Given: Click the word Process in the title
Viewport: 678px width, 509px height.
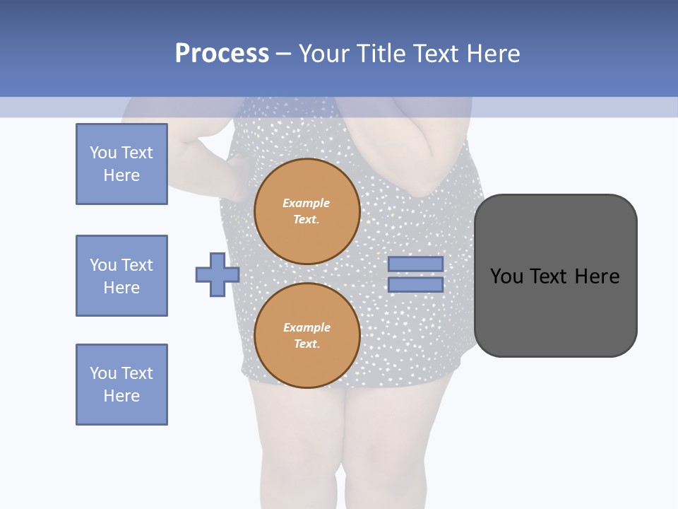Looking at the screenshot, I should click(222, 54).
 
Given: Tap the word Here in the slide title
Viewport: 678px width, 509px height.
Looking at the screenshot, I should click(494, 54).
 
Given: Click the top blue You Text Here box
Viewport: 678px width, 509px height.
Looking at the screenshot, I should click(121, 164).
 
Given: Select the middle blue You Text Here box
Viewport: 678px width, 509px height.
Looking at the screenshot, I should click(121, 276).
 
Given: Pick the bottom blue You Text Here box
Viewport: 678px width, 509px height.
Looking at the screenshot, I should click(121, 385).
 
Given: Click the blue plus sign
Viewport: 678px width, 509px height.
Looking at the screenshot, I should click(218, 274).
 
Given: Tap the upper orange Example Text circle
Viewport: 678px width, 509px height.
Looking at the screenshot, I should click(307, 211).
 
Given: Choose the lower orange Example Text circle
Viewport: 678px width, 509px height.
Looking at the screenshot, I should click(307, 336).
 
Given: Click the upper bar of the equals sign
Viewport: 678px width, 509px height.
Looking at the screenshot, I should click(416, 264).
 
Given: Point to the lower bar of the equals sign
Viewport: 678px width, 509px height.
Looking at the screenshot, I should click(416, 285).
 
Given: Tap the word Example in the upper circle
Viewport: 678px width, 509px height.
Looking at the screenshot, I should click(307, 203).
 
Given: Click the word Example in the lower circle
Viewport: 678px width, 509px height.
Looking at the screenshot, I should click(307, 327).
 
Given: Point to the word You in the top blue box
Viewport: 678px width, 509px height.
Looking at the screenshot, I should click(102, 153).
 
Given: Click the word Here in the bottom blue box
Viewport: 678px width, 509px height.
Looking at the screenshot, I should click(121, 396).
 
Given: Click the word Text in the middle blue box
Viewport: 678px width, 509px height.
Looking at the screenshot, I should click(136, 265).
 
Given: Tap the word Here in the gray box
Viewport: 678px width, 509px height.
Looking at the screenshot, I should click(597, 276).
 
